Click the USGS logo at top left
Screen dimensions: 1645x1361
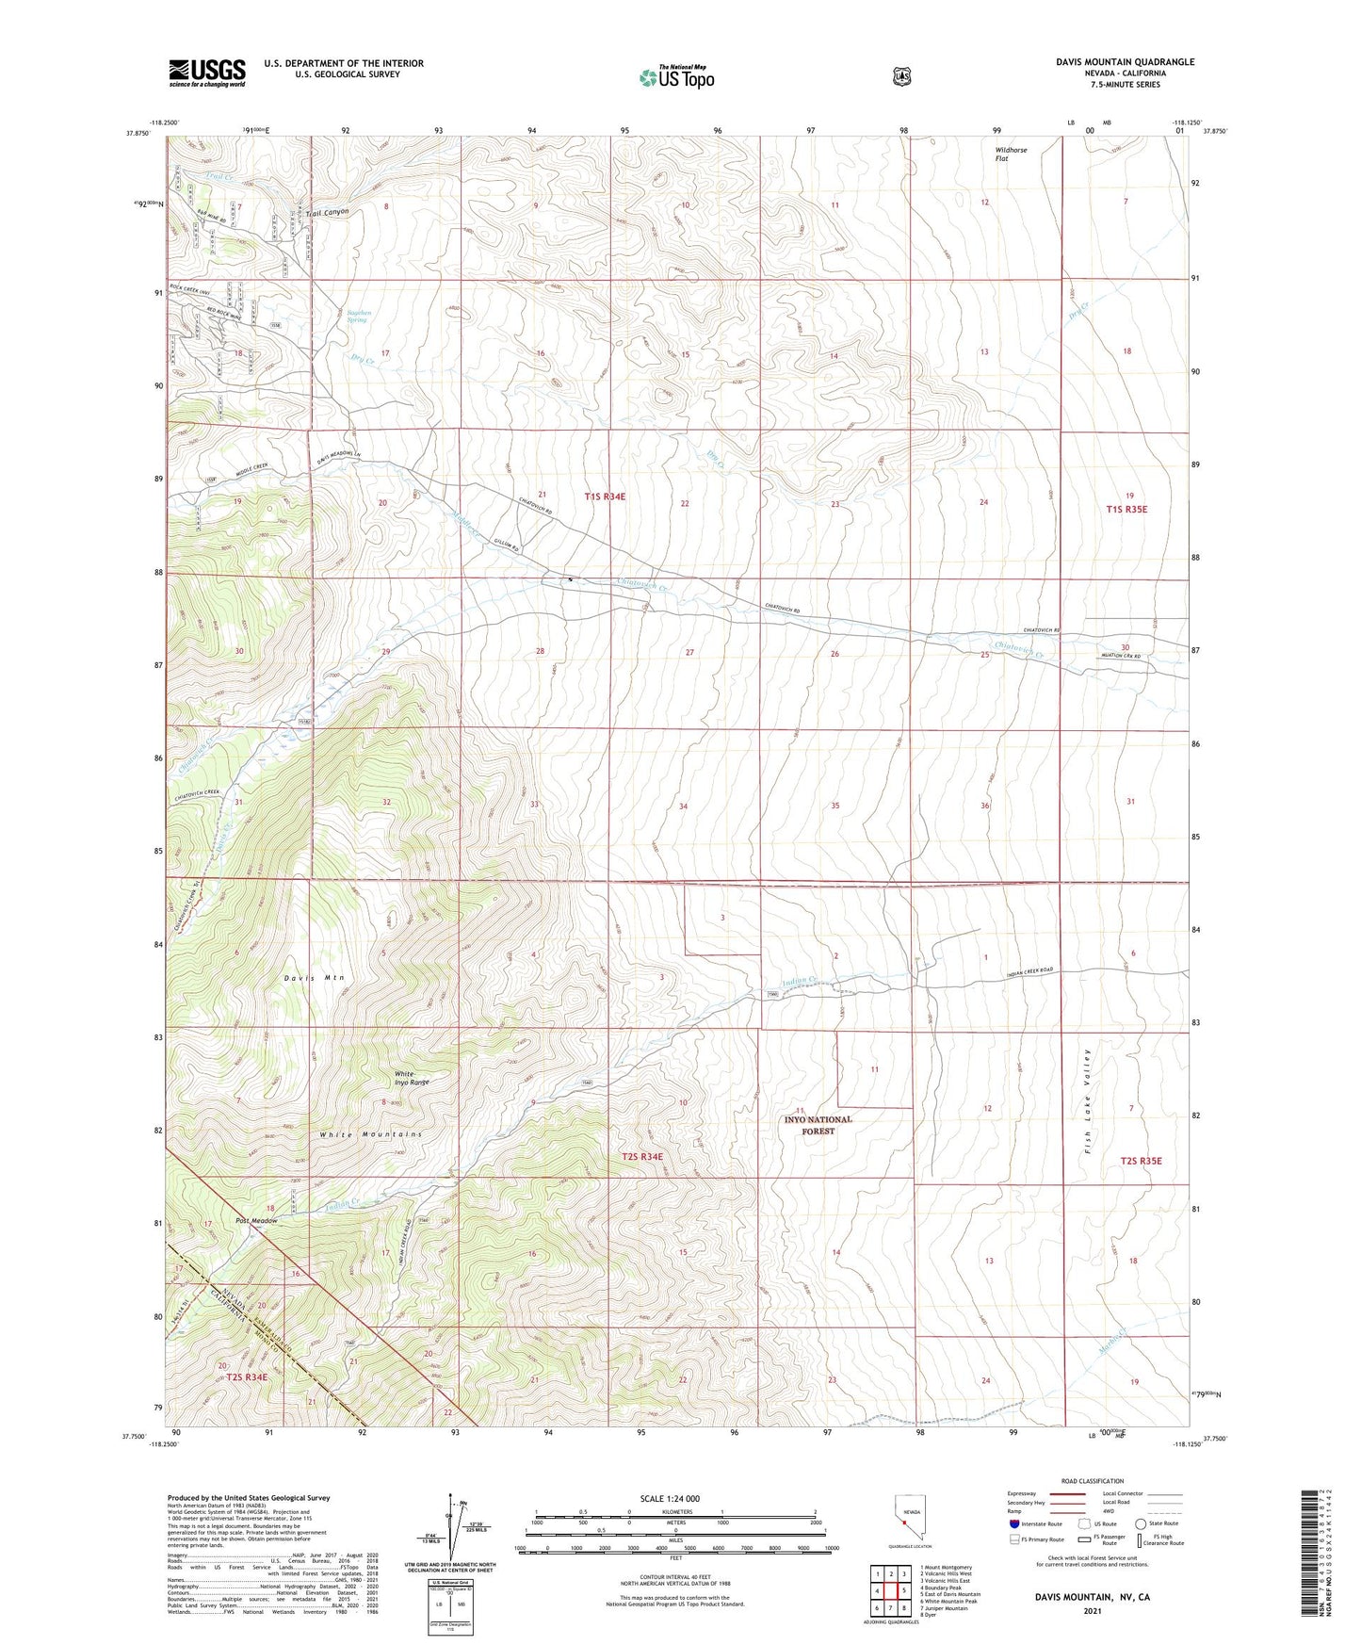coord(206,73)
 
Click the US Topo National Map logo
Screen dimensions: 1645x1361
coord(676,76)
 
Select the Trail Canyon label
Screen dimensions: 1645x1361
coord(327,213)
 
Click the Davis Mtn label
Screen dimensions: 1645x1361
coord(315,978)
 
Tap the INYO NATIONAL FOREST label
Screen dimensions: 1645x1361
coord(818,1125)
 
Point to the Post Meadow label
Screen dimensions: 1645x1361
coord(257,1221)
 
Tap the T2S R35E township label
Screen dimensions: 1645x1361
coord(1141,1161)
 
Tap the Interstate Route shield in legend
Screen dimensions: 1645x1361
coord(1013,1523)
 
